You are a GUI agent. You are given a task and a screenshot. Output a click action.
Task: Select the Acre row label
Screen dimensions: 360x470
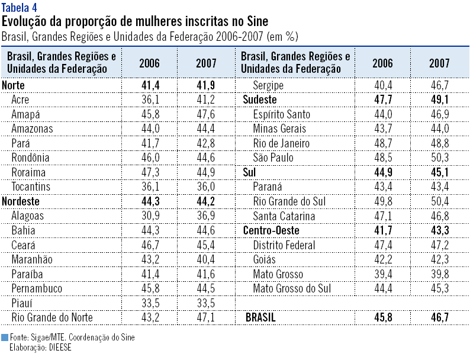20,99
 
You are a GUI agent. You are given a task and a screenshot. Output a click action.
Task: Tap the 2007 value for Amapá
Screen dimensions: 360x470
206,114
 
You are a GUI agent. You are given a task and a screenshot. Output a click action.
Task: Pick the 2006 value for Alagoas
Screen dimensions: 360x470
149,216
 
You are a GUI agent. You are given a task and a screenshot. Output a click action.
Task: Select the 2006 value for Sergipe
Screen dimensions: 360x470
382,85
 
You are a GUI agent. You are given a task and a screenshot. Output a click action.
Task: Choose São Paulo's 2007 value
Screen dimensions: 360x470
439,158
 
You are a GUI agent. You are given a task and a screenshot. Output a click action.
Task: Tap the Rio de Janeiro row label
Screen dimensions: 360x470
281,143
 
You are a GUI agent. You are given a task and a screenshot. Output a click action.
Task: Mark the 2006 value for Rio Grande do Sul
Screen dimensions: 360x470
382,201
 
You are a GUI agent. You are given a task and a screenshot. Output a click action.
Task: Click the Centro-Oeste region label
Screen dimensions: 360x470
271,230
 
